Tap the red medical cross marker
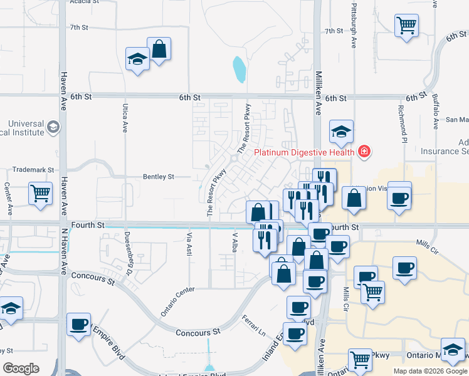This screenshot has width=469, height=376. tap(364, 151)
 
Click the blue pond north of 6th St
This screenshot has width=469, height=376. tap(239, 70)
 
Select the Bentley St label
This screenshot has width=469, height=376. tap(158, 177)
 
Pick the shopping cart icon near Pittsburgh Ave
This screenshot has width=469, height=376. tap(407, 26)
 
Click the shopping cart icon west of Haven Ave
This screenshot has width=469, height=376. tap(41, 193)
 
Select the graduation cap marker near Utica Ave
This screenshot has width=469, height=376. tap(137, 60)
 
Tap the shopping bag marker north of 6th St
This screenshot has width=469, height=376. tap(159, 49)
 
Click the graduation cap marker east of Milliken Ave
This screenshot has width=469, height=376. tap(341, 132)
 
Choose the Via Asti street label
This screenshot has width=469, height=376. tap(188, 244)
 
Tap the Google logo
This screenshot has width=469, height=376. tap(21, 368)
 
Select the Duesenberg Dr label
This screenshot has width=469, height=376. tap(128, 256)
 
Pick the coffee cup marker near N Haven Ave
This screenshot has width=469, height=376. tap(79, 325)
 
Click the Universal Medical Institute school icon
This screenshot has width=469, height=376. tap(54, 128)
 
